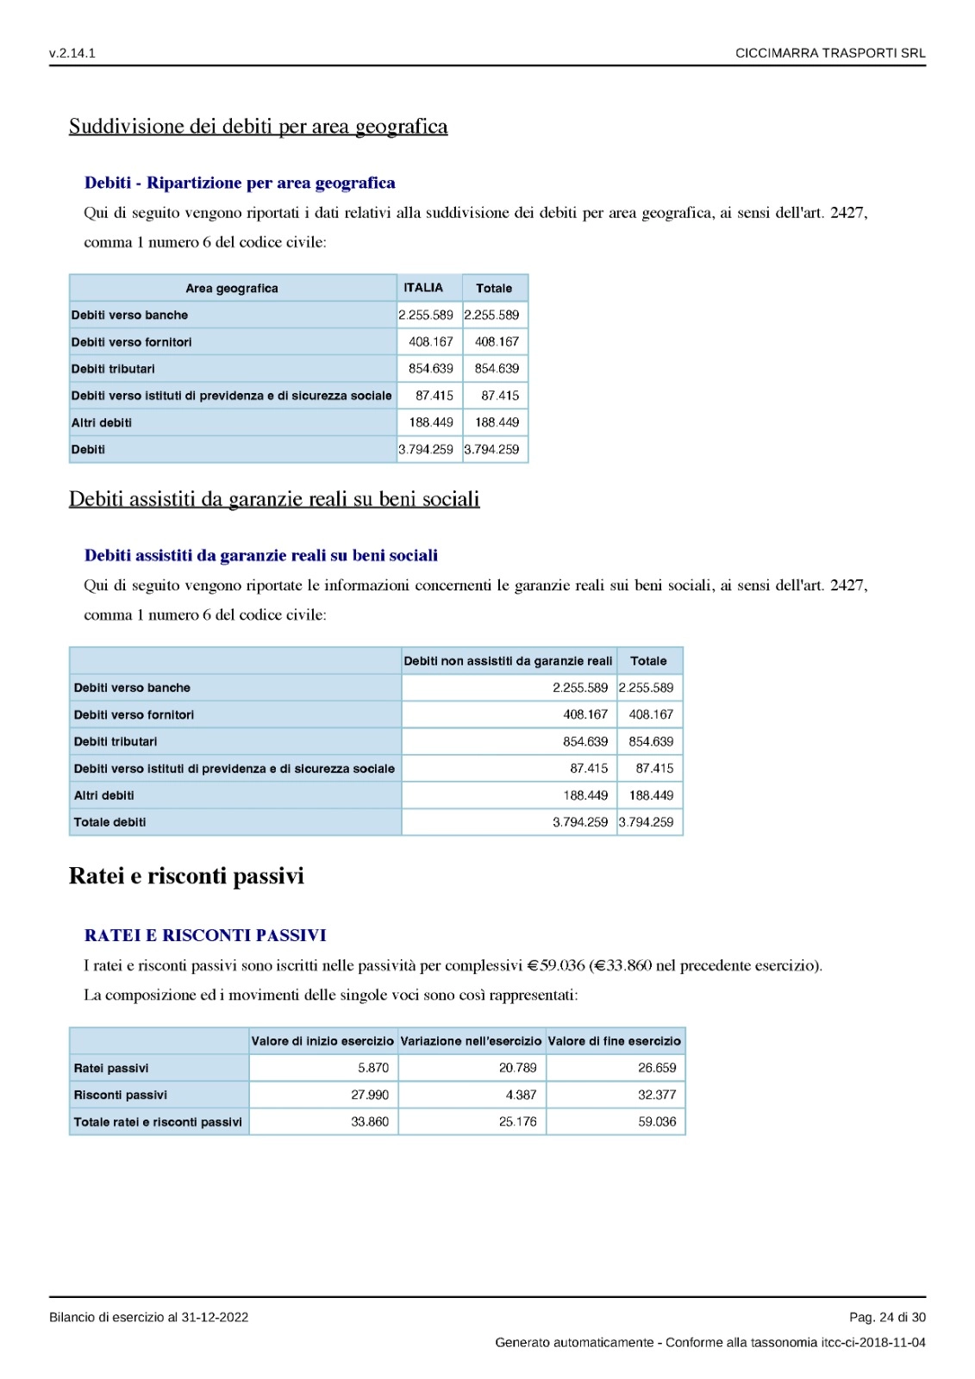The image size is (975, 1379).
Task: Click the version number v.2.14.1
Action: [x=72, y=53]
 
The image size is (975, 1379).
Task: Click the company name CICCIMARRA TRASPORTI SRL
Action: [x=829, y=53]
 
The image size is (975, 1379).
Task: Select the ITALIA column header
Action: [x=423, y=288]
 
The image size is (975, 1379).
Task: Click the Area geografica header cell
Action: [x=232, y=289]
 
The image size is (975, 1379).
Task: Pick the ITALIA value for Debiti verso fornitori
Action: [x=430, y=342]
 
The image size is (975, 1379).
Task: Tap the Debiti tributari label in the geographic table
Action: [x=113, y=369]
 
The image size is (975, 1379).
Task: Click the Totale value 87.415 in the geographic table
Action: [x=500, y=396]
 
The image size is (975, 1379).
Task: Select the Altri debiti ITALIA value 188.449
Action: [x=430, y=422]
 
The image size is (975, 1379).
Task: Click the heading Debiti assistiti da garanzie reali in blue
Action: [x=260, y=556]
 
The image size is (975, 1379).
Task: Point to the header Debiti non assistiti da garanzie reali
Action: [x=508, y=661]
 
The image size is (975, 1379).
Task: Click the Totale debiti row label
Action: [x=109, y=822]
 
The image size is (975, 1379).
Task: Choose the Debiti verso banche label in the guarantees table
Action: [x=132, y=688]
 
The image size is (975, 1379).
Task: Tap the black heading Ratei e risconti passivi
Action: [x=186, y=877]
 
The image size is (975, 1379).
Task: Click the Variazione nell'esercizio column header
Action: [x=471, y=1041]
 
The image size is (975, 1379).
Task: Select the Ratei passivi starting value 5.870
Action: [x=373, y=1068]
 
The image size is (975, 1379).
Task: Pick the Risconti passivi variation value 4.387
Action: [x=521, y=1095]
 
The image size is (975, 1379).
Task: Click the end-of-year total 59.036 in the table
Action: [x=657, y=1121]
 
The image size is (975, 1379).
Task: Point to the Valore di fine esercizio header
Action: [x=614, y=1041]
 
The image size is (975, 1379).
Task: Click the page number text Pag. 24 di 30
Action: [x=887, y=1317]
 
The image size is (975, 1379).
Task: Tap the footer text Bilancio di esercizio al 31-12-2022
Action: [x=148, y=1317]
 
